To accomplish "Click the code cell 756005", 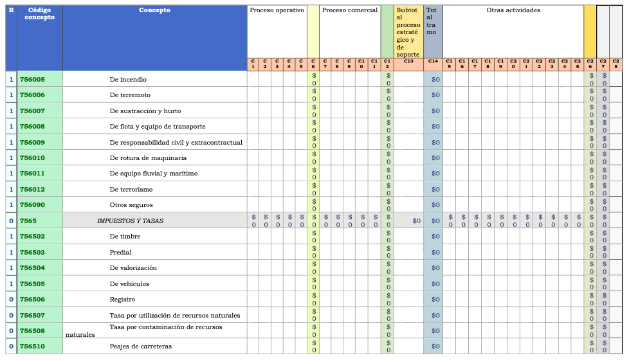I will [32, 80].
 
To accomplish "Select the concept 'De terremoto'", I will [131, 95].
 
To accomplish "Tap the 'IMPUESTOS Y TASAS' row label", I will [130, 221].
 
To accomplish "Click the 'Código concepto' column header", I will [39, 14].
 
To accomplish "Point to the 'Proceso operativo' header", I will [277, 10].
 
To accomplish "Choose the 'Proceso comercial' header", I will [349, 10].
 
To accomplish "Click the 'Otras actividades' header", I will [513, 10].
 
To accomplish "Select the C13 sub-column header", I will [408, 62].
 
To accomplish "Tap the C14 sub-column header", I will [433, 62].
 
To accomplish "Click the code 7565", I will [28, 221].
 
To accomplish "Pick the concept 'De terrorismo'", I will [131, 190].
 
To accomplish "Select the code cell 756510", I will [32, 346].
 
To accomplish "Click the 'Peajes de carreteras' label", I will [141, 346].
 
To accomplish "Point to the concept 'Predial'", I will [120, 253].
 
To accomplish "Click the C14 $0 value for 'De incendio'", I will [435, 80].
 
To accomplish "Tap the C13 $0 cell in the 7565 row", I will [416, 221].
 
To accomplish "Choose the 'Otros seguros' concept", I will [131, 205].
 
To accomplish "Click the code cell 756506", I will [32, 300].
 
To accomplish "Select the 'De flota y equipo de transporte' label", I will [158, 127].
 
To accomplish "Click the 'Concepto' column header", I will [154, 10].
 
